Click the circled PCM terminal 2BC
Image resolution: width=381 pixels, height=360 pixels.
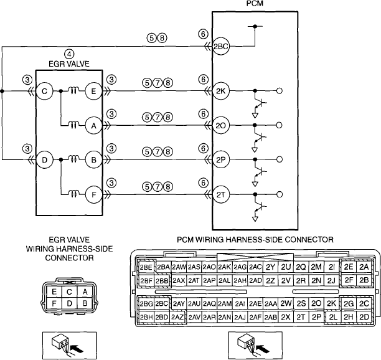tap(221, 46)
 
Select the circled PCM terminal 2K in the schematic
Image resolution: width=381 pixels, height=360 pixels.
tap(221, 91)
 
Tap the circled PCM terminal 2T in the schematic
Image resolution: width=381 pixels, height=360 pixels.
tap(221, 194)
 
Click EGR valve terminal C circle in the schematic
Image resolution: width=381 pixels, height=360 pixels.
tap(44, 91)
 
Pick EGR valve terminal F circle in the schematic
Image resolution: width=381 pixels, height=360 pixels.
tap(93, 194)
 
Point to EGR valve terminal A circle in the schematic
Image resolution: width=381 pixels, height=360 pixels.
tap(93, 125)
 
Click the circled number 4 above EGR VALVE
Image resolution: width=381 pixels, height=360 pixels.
tap(69, 54)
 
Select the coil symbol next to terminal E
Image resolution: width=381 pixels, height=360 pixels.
tap(73, 91)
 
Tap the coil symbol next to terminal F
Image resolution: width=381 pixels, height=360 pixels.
tap(73, 194)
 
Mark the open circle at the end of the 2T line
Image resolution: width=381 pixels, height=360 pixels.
tap(280, 194)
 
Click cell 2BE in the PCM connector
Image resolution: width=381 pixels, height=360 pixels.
tap(146, 267)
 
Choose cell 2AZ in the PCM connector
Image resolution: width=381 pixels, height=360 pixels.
tap(177, 317)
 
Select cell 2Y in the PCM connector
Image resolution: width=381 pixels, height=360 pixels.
tap(270, 267)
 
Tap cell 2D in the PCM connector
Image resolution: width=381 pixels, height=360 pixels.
tap(364, 317)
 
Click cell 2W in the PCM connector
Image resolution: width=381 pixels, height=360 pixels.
tap(286, 303)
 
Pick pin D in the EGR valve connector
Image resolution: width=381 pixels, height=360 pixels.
tap(70, 303)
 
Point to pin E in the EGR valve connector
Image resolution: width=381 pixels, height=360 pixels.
tap(54, 291)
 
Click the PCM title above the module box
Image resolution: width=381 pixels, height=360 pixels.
tap(255, 3)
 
